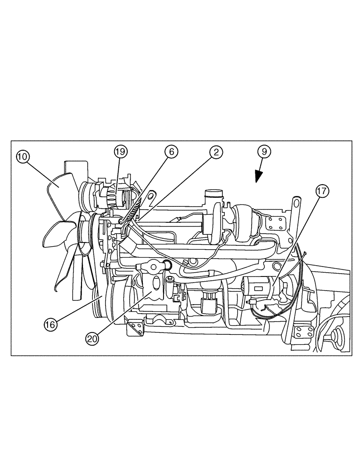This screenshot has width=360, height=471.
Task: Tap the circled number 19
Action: [120, 152]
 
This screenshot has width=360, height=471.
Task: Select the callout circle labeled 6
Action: [171, 152]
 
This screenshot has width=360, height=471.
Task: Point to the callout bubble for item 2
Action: [216, 152]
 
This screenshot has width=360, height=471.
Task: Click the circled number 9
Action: [264, 152]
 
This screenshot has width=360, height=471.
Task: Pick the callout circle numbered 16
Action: [50, 324]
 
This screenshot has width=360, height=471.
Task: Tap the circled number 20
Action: [92, 337]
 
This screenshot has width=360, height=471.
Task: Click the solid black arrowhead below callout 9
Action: [257, 177]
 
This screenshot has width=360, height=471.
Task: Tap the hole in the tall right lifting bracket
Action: [296, 202]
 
